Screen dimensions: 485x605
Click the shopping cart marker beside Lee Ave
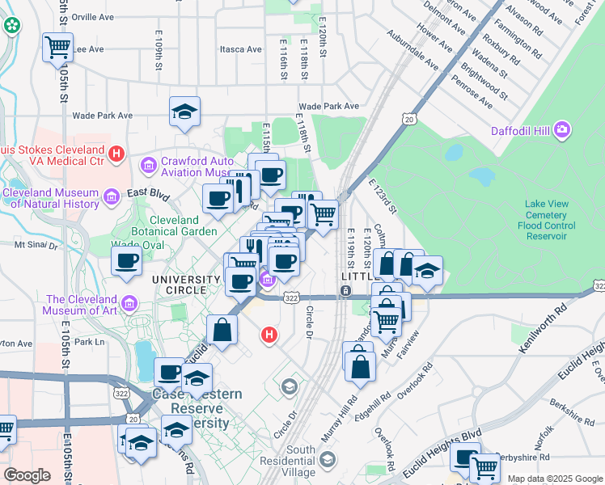coord(57,47)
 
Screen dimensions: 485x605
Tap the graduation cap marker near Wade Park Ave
coord(184,111)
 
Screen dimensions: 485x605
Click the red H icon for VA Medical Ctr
coord(116,151)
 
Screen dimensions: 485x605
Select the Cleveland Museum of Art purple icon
coord(131,304)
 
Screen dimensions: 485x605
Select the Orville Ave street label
coord(93,17)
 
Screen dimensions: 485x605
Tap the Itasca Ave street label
coord(241,49)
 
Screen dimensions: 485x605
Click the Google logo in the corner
coord(27,475)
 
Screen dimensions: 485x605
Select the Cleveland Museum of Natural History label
coord(52,198)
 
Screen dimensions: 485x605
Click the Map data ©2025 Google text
coord(554,479)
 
